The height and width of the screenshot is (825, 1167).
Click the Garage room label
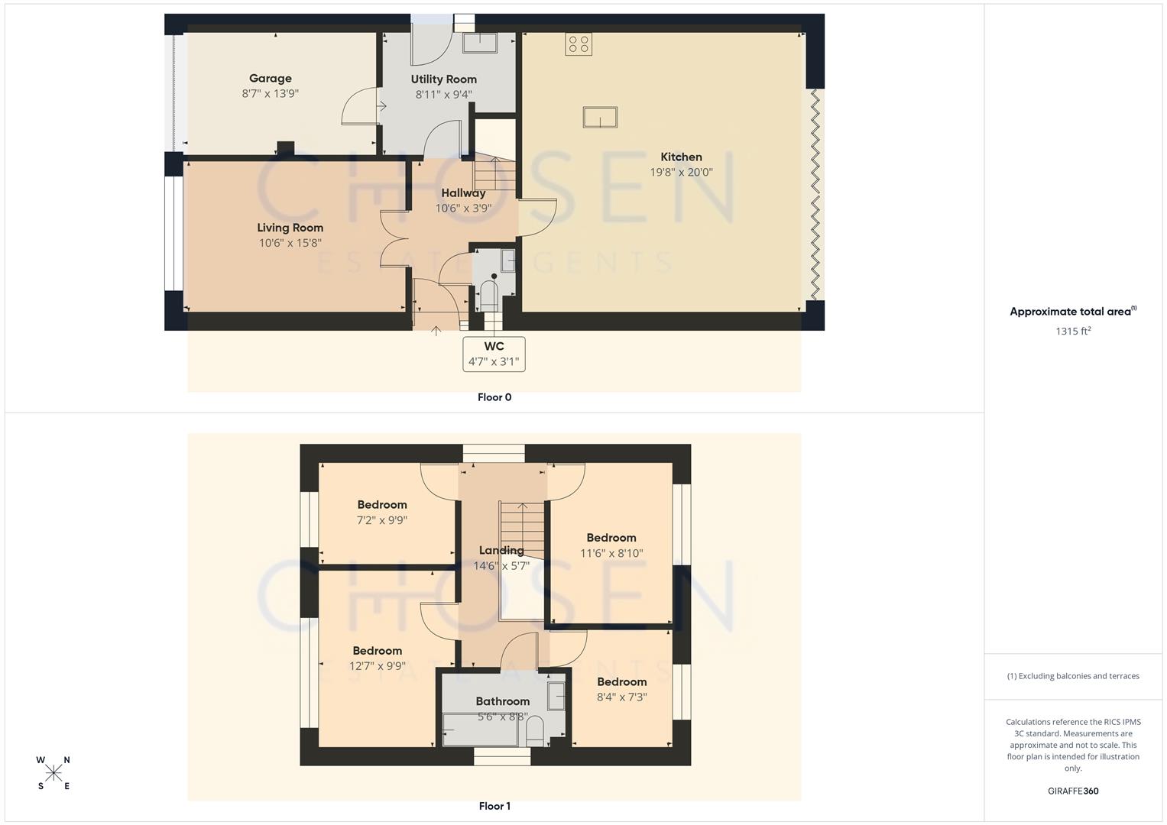tap(270, 78)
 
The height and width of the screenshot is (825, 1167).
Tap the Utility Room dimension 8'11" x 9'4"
tap(443, 95)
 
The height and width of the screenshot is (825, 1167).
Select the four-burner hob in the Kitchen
tap(579, 44)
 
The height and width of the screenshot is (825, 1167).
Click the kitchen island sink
tap(600, 118)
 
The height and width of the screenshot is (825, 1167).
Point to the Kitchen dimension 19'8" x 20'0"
tap(681, 173)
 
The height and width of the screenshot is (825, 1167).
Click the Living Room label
tap(290, 228)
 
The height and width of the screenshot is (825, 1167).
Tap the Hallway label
tap(463, 193)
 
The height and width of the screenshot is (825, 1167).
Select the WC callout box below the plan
tap(494, 354)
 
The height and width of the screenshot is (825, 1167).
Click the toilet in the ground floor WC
tap(488, 295)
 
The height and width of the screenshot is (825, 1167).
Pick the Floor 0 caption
tap(494, 397)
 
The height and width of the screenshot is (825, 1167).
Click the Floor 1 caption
tap(494, 806)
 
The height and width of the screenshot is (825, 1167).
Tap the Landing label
tap(501, 550)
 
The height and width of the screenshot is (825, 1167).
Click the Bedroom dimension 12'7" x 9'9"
tap(378, 666)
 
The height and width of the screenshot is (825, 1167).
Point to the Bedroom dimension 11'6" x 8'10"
tap(611, 554)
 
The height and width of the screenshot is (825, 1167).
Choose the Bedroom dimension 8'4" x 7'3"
tap(621, 697)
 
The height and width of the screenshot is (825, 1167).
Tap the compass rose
tap(53, 773)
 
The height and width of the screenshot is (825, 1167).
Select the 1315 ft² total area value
tap(1073, 332)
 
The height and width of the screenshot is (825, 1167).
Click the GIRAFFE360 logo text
tap(1073, 791)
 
